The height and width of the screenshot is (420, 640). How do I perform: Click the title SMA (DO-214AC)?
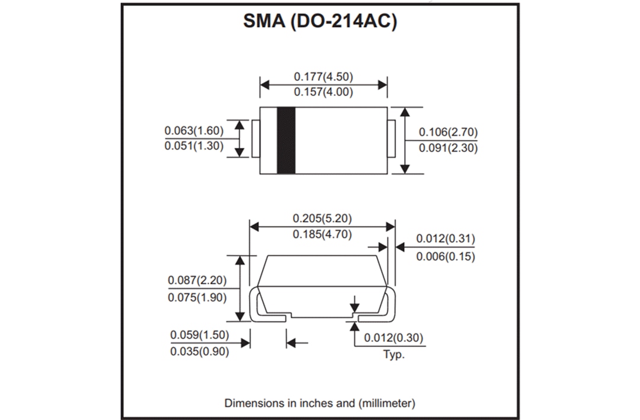click(x=319, y=21)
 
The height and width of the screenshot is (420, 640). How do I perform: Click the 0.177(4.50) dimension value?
click(x=324, y=77)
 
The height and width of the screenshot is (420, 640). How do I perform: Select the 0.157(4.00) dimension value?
click(x=324, y=92)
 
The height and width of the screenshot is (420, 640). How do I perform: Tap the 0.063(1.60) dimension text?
click(x=194, y=131)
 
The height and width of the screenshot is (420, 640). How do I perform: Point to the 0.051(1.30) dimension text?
click(x=194, y=146)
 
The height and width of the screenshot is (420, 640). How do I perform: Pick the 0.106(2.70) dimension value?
click(x=448, y=132)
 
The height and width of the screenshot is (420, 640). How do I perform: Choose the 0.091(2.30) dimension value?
click(x=448, y=148)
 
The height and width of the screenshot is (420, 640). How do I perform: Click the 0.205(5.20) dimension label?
click(x=322, y=218)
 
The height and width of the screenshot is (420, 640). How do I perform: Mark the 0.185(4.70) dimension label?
click(x=322, y=234)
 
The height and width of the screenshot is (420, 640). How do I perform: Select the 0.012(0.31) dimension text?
click(x=446, y=238)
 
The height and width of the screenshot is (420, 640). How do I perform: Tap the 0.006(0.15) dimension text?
click(x=446, y=256)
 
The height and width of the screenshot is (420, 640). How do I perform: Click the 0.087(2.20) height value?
click(x=197, y=280)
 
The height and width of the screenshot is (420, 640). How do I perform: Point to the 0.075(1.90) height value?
click(x=197, y=297)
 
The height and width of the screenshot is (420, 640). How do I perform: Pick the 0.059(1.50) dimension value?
click(x=199, y=335)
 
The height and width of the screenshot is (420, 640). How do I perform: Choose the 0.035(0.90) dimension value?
click(x=199, y=351)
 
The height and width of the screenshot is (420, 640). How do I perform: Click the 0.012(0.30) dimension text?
click(x=393, y=338)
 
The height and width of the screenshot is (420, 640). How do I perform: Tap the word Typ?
click(x=393, y=355)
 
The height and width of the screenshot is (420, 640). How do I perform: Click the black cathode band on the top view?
click(x=286, y=141)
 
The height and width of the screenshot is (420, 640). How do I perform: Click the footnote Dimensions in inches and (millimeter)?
click(x=319, y=403)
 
